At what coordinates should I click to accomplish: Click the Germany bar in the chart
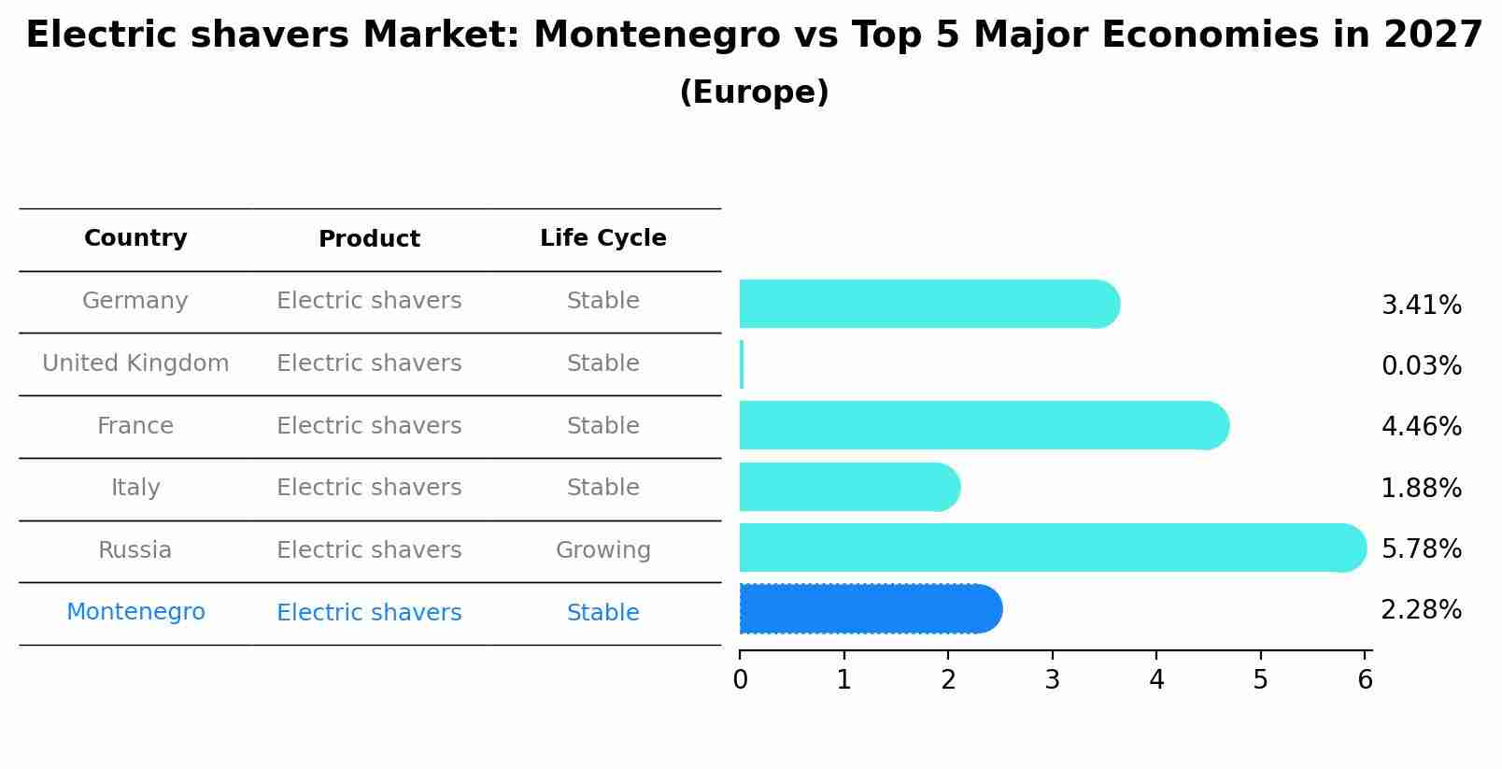(x=928, y=304)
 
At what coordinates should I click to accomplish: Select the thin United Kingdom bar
(x=742, y=364)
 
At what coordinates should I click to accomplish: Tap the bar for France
(x=983, y=426)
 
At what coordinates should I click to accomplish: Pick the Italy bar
(x=848, y=487)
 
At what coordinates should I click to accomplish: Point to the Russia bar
(x=1052, y=548)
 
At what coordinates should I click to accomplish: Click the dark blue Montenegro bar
(x=870, y=609)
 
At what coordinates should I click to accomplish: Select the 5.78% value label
(x=1421, y=548)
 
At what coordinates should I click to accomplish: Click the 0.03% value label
(x=1421, y=365)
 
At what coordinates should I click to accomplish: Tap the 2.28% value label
(x=1421, y=610)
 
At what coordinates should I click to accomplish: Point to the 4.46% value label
(x=1421, y=427)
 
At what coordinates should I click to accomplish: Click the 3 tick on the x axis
(x=1053, y=680)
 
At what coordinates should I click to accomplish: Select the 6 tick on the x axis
(x=1365, y=680)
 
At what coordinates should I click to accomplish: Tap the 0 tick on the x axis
(x=741, y=680)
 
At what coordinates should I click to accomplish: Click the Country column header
(x=135, y=238)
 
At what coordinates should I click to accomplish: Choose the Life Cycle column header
(x=602, y=238)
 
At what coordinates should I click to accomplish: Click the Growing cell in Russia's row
(x=602, y=550)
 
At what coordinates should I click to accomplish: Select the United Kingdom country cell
(x=135, y=363)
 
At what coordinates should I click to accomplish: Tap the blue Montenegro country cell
(x=135, y=612)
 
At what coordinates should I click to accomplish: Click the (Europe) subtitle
(x=754, y=93)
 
